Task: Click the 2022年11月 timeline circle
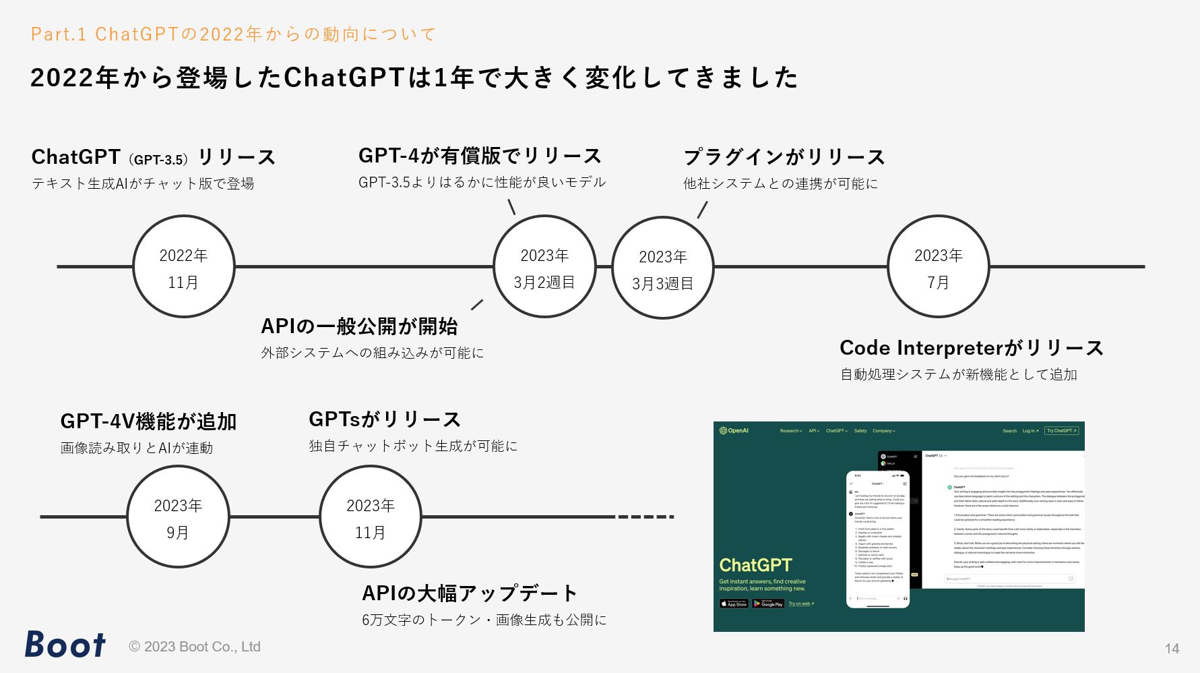183,267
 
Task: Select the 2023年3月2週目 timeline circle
544,267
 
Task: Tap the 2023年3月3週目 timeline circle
662,268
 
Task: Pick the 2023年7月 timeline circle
938,267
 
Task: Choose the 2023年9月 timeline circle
178,517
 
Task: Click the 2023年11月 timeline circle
370,517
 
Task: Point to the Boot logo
65,645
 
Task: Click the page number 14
1172,649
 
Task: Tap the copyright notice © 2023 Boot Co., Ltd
195,647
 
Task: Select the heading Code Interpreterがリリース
971,348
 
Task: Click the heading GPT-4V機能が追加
148,421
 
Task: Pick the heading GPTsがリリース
384,419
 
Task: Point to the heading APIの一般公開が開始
359,326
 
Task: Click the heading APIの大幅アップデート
469,593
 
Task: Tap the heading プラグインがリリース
784,157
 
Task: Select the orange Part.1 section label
233,34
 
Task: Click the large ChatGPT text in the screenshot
755,565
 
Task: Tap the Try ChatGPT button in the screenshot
1061,431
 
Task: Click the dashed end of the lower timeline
645,517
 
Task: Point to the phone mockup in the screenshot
878,539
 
